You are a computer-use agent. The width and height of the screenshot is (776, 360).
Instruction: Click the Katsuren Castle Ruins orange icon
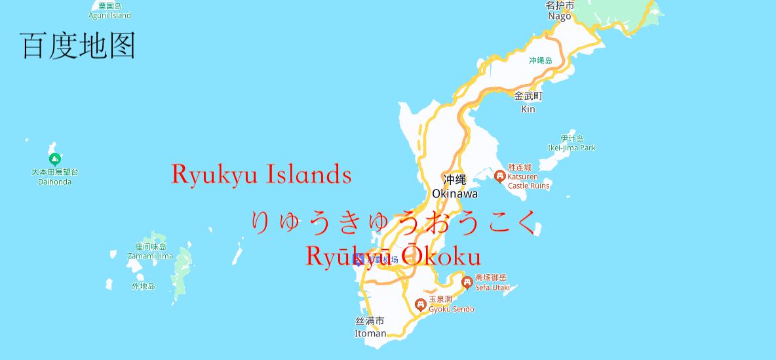499,176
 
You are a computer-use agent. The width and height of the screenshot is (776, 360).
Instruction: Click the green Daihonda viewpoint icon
56,159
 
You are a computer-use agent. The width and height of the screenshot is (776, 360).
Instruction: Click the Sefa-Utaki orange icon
467,283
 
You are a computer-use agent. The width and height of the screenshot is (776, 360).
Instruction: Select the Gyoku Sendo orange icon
421,304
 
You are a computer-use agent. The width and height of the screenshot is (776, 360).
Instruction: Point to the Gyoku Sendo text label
451,304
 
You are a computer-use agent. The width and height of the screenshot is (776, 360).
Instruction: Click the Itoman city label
370,327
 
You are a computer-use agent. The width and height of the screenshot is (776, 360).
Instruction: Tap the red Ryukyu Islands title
262,174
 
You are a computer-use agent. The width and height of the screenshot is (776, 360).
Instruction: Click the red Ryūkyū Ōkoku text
393,256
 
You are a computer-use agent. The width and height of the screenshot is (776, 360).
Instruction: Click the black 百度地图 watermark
78,46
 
